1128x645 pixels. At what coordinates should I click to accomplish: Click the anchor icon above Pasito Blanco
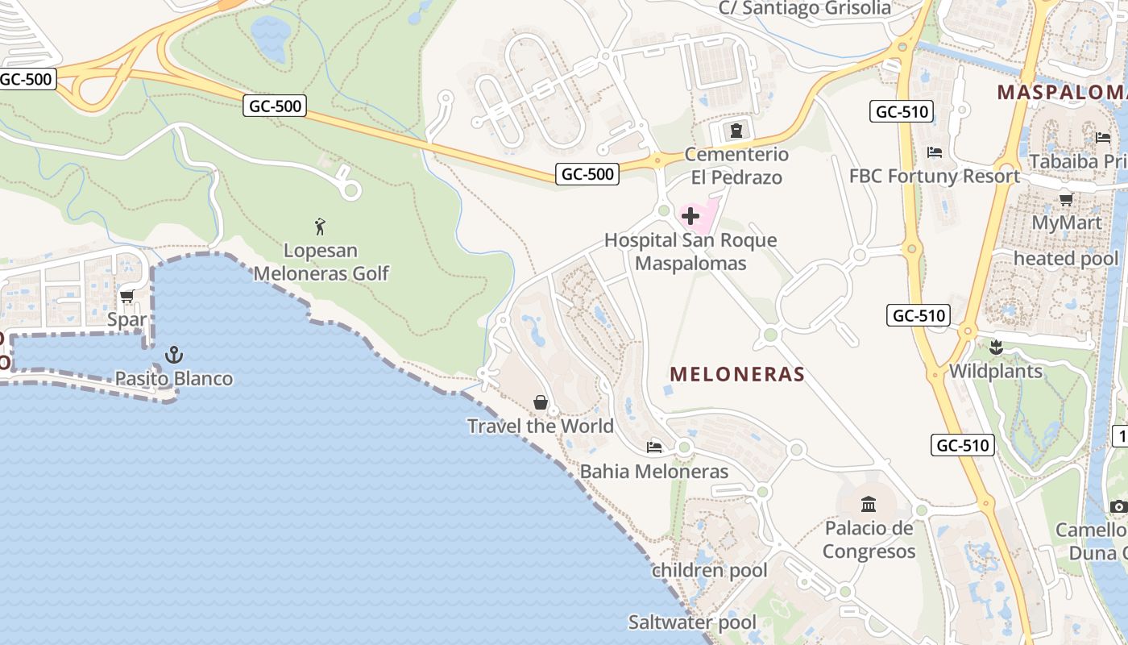click(173, 354)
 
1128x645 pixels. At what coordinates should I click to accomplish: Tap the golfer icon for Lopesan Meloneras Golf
click(321, 227)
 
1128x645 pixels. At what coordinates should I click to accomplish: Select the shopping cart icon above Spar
click(126, 297)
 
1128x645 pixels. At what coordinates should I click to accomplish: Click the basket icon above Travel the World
click(541, 402)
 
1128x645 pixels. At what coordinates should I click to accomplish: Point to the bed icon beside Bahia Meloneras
click(654, 447)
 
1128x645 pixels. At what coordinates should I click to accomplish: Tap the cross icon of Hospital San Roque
click(690, 216)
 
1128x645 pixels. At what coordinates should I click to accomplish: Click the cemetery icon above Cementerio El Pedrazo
click(735, 130)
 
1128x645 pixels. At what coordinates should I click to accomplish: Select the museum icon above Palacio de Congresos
click(869, 505)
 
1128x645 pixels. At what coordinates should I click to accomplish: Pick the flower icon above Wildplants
click(996, 347)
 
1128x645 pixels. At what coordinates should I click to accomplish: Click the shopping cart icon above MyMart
click(1066, 199)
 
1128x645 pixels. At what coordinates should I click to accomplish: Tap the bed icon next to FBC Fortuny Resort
click(935, 152)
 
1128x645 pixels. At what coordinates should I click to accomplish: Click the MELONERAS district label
click(737, 374)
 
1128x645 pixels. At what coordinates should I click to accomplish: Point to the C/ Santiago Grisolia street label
click(805, 9)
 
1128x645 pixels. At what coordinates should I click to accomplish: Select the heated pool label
click(1065, 259)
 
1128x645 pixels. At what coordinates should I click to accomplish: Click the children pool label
click(709, 571)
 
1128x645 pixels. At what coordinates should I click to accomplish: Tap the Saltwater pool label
click(692, 622)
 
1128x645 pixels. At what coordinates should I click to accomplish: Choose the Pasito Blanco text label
click(173, 378)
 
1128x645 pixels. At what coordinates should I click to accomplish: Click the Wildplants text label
click(996, 372)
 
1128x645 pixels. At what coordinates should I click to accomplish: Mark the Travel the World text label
click(541, 426)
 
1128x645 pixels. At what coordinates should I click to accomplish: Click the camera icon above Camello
click(1118, 506)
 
